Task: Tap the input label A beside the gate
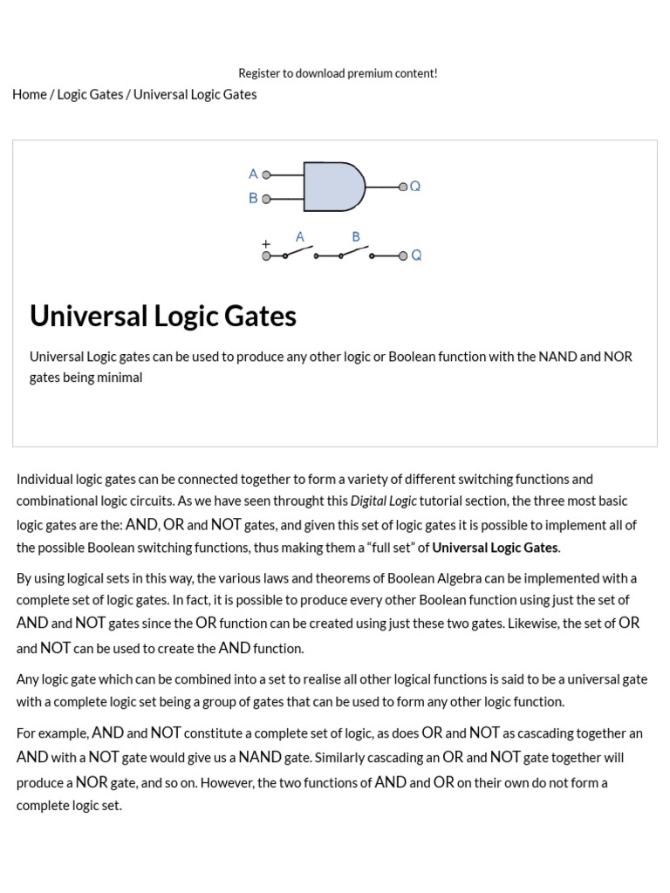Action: click(253, 174)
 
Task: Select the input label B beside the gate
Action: click(253, 198)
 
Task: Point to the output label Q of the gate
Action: click(415, 186)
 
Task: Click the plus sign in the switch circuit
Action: click(266, 244)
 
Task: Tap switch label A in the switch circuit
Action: click(300, 236)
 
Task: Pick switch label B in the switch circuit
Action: click(356, 236)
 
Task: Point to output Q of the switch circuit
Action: click(416, 256)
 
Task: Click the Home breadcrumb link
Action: click(30, 94)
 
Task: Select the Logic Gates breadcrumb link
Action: click(90, 94)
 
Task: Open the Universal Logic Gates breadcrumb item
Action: click(195, 94)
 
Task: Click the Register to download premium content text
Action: click(338, 73)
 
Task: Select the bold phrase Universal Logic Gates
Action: click(495, 548)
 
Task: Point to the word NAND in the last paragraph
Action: click(260, 757)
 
